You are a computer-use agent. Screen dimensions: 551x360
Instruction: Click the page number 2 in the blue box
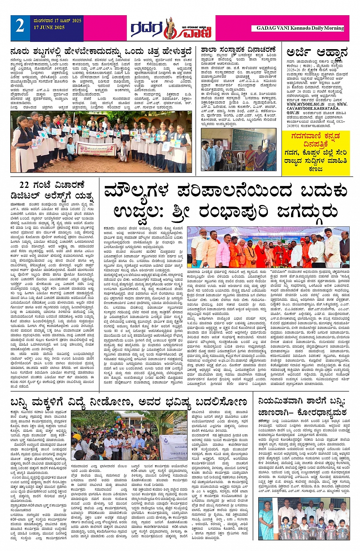click(x=20, y=26)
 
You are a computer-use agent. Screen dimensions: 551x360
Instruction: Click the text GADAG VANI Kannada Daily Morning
click(x=300, y=28)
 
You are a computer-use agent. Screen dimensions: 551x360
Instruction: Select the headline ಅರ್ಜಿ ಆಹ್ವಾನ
click(x=317, y=52)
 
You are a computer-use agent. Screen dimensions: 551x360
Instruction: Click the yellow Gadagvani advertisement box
click(x=316, y=153)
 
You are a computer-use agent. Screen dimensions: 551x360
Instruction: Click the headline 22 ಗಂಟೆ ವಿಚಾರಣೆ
click(x=52, y=185)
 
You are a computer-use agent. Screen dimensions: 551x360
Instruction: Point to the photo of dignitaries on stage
click(x=268, y=247)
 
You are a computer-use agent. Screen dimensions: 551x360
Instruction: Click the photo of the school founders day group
click(x=238, y=149)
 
